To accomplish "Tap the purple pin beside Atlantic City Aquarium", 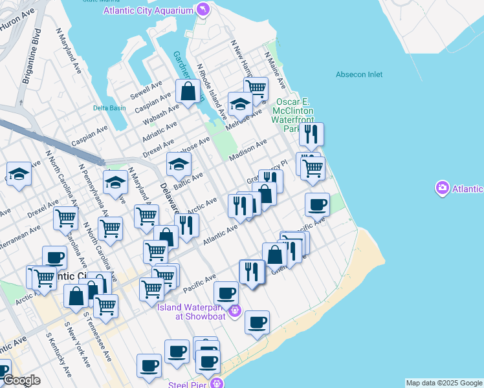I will tap(203, 10).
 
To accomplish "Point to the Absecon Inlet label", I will tap(359, 74).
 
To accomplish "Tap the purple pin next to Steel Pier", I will tap(219, 383).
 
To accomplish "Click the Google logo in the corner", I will tap(21, 381).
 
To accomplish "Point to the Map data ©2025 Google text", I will tap(444, 383).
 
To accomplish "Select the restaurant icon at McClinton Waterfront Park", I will tap(311, 134).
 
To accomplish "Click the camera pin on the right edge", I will tap(443, 188).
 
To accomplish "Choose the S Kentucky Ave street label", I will tap(58, 356).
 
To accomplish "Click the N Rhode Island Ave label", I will tap(212, 90).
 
